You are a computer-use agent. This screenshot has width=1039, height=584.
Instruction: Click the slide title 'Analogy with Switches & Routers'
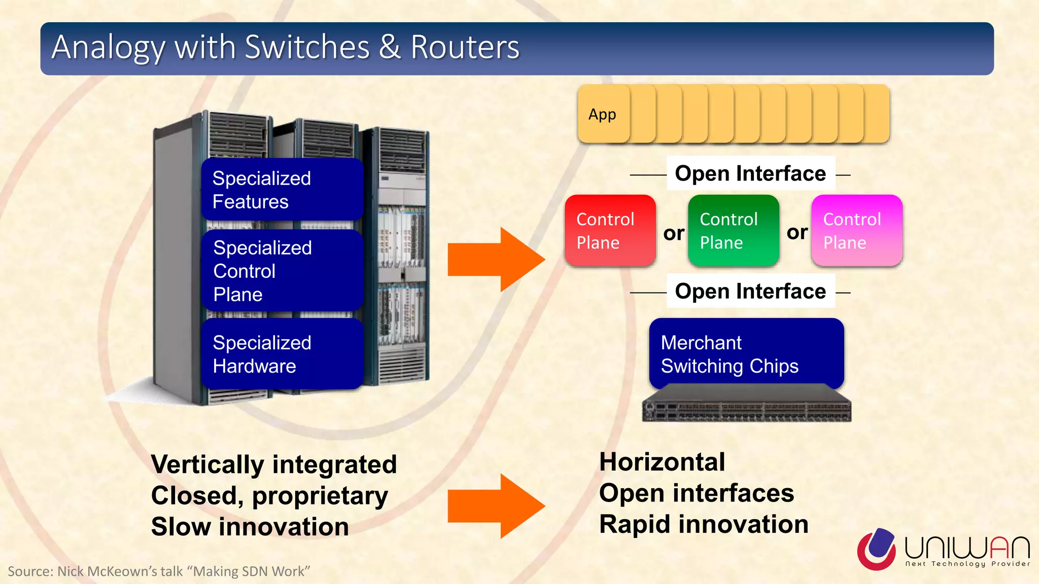coord(285,47)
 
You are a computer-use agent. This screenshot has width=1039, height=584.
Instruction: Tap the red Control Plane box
coord(610,231)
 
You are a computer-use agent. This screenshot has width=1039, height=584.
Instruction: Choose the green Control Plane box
coord(733,231)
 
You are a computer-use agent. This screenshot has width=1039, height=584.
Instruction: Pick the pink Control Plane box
coord(856,231)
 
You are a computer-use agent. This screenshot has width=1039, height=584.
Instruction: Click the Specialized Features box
coord(282,190)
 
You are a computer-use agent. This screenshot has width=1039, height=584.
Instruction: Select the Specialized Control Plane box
coord(282,271)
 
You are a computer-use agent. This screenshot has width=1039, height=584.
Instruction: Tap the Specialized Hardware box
coord(282,354)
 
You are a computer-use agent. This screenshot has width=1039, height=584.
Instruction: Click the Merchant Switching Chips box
coord(746,353)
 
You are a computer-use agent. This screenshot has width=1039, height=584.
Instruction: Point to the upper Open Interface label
coord(750,173)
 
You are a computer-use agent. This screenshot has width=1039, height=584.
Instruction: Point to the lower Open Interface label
coord(750,291)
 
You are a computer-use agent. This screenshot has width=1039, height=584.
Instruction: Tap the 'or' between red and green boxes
coord(673,233)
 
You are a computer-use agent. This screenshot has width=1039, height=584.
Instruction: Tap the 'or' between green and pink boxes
coord(796,232)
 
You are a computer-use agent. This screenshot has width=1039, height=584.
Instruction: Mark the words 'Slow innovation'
coord(250,527)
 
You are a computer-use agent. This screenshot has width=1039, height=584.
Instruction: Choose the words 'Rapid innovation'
coord(703,524)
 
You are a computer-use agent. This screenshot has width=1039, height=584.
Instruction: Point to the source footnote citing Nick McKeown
coord(158,571)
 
